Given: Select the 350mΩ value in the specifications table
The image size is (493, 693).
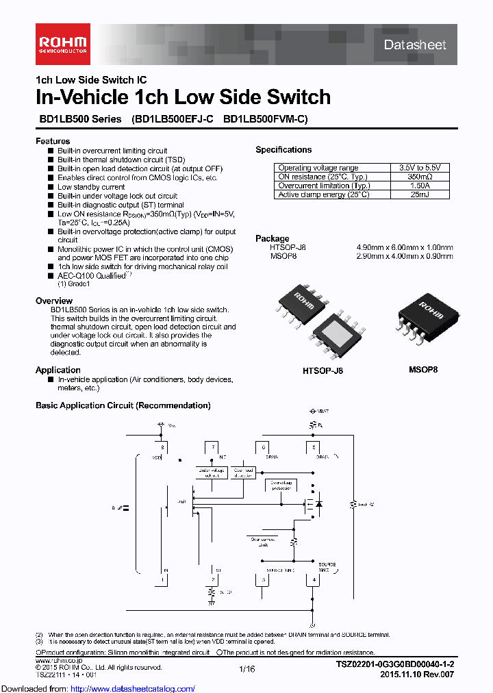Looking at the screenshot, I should coord(420,177).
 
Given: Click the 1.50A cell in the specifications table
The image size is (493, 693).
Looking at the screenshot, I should coord(420,186).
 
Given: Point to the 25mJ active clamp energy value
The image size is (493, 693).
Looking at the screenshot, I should coord(420,194).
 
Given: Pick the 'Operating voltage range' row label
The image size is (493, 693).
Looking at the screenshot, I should coord(318,168).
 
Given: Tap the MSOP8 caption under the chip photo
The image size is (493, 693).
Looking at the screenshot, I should coord(423,369).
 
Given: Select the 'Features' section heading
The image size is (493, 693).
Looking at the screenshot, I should coord(53,141).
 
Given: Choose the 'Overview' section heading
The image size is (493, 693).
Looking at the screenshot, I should coord(54,301).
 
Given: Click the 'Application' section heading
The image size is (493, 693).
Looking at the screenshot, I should coord(58,370).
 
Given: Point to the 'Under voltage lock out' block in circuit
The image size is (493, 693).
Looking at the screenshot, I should coord(211,473).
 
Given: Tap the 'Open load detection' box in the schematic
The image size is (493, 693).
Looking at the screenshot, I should coord(243,473).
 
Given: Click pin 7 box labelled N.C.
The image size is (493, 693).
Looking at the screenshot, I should coord(214,447).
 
